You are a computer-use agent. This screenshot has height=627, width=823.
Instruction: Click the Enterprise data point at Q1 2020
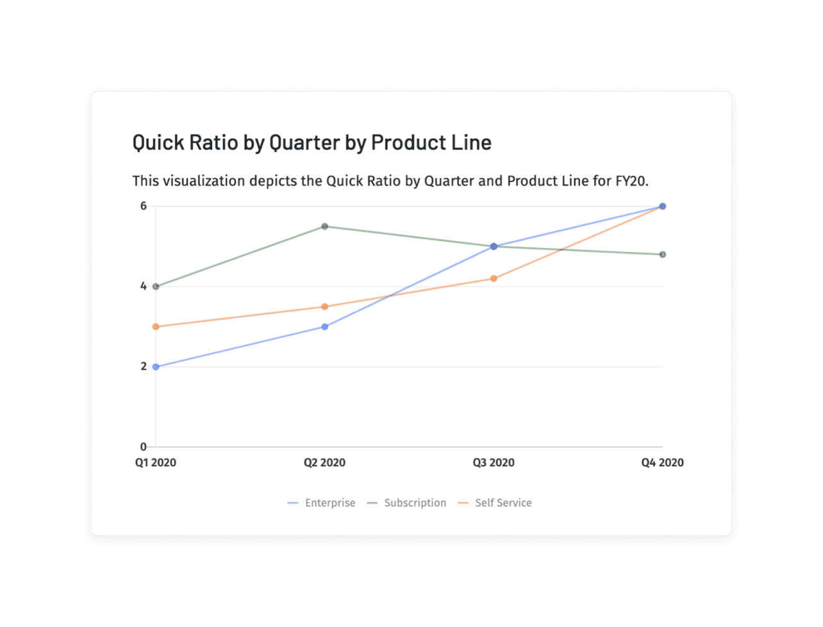click(x=156, y=367)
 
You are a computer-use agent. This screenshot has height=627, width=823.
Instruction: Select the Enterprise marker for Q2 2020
click(x=325, y=326)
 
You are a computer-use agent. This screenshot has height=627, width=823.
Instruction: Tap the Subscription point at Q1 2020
click(x=156, y=287)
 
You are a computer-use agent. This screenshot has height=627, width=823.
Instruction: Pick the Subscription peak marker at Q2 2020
click(x=325, y=226)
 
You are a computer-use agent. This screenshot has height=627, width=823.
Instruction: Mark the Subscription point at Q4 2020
click(x=663, y=255)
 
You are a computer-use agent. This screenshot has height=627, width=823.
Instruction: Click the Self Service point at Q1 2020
click(x=156, y=326)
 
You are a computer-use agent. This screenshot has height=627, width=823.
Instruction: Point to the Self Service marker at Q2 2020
click(x=325, y=306)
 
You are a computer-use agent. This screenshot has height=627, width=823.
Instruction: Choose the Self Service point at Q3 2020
click(x=494, y=279)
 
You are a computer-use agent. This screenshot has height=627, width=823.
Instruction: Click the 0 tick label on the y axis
click(x=143, y=447)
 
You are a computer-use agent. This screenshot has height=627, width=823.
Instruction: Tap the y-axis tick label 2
click(x=144, y=366)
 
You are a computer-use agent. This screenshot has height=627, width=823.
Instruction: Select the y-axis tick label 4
click(x=143, y=286)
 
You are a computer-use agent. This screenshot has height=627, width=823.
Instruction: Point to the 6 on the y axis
click(x=143, y=206)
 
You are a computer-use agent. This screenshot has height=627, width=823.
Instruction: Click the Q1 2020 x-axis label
click(x=156, y=463)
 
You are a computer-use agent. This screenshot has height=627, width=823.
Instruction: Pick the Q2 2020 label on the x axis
click(x=325, y=463)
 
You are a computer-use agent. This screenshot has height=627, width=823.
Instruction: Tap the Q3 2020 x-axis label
click(x=494, y=463)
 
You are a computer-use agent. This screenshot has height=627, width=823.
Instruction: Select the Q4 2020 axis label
click(x=663, y=463)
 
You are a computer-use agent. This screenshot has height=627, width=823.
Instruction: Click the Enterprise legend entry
click(x=321, y=503)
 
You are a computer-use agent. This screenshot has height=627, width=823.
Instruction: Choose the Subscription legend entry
click(x=406, y=503)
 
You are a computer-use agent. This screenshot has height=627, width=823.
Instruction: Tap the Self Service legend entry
click(x=495, y=503)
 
